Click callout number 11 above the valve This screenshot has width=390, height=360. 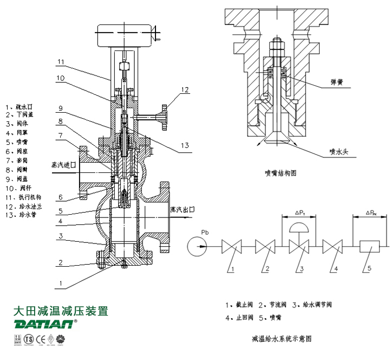61,61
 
